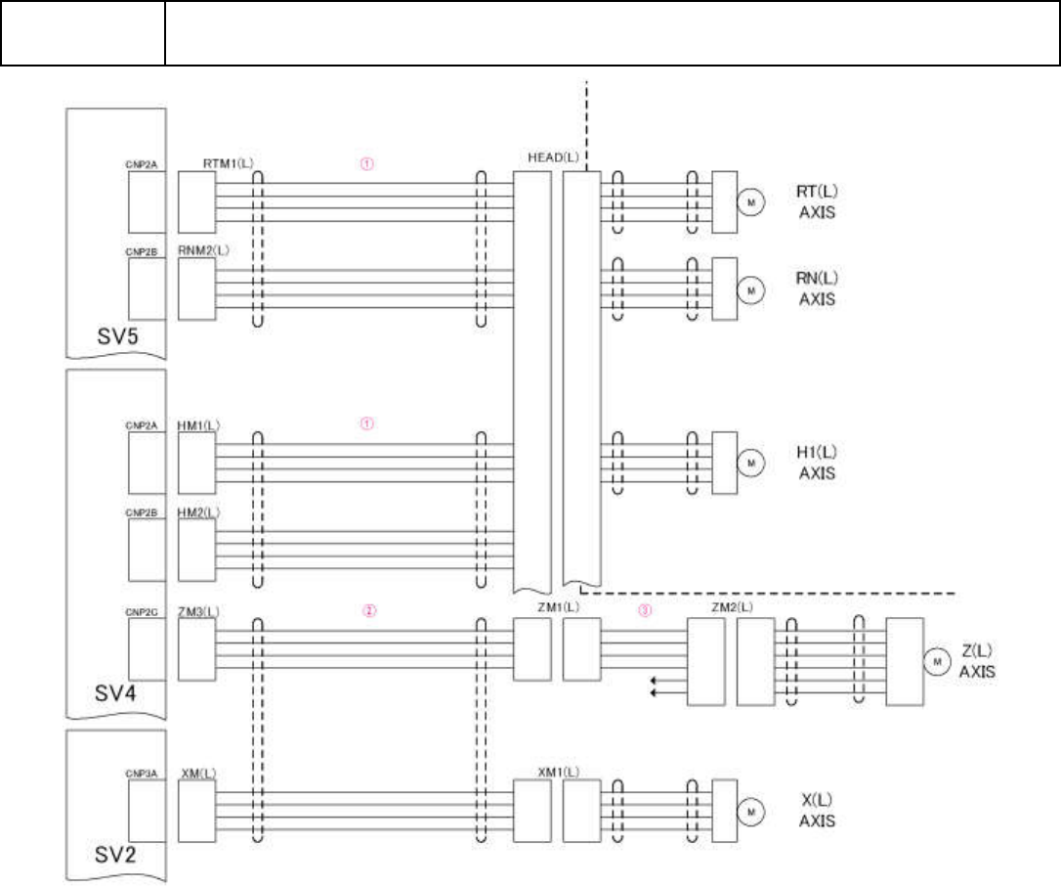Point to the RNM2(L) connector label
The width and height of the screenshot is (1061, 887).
pos(203,250)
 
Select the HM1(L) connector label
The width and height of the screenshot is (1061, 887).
pos(199,424)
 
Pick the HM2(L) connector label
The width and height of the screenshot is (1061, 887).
pos(199,511)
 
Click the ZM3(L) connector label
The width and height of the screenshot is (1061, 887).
pos(199,610)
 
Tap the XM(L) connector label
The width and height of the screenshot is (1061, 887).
pos(198,772)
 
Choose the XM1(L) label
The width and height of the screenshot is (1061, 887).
pos(558,772)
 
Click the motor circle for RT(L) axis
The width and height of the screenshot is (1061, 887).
pos(751,202)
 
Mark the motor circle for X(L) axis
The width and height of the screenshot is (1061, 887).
pos(751,811)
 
